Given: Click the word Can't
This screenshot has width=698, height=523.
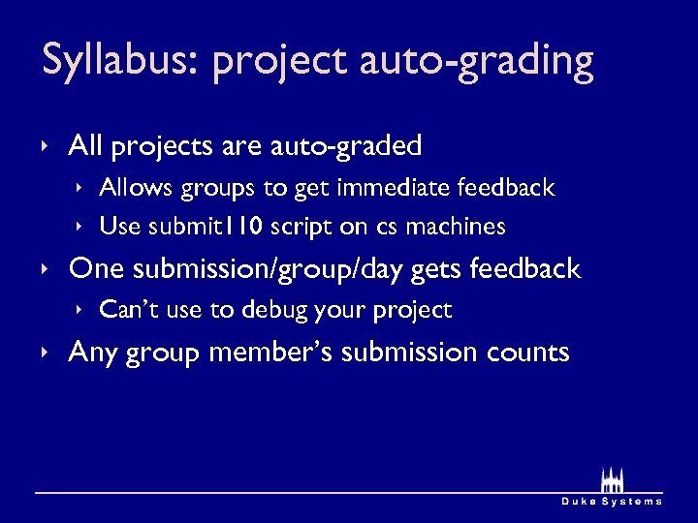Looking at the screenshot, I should [x=126, y=310].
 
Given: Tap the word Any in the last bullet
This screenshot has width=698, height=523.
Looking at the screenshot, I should [x=92, y=353].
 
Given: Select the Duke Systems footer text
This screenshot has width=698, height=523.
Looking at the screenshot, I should [x=612, y=502].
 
